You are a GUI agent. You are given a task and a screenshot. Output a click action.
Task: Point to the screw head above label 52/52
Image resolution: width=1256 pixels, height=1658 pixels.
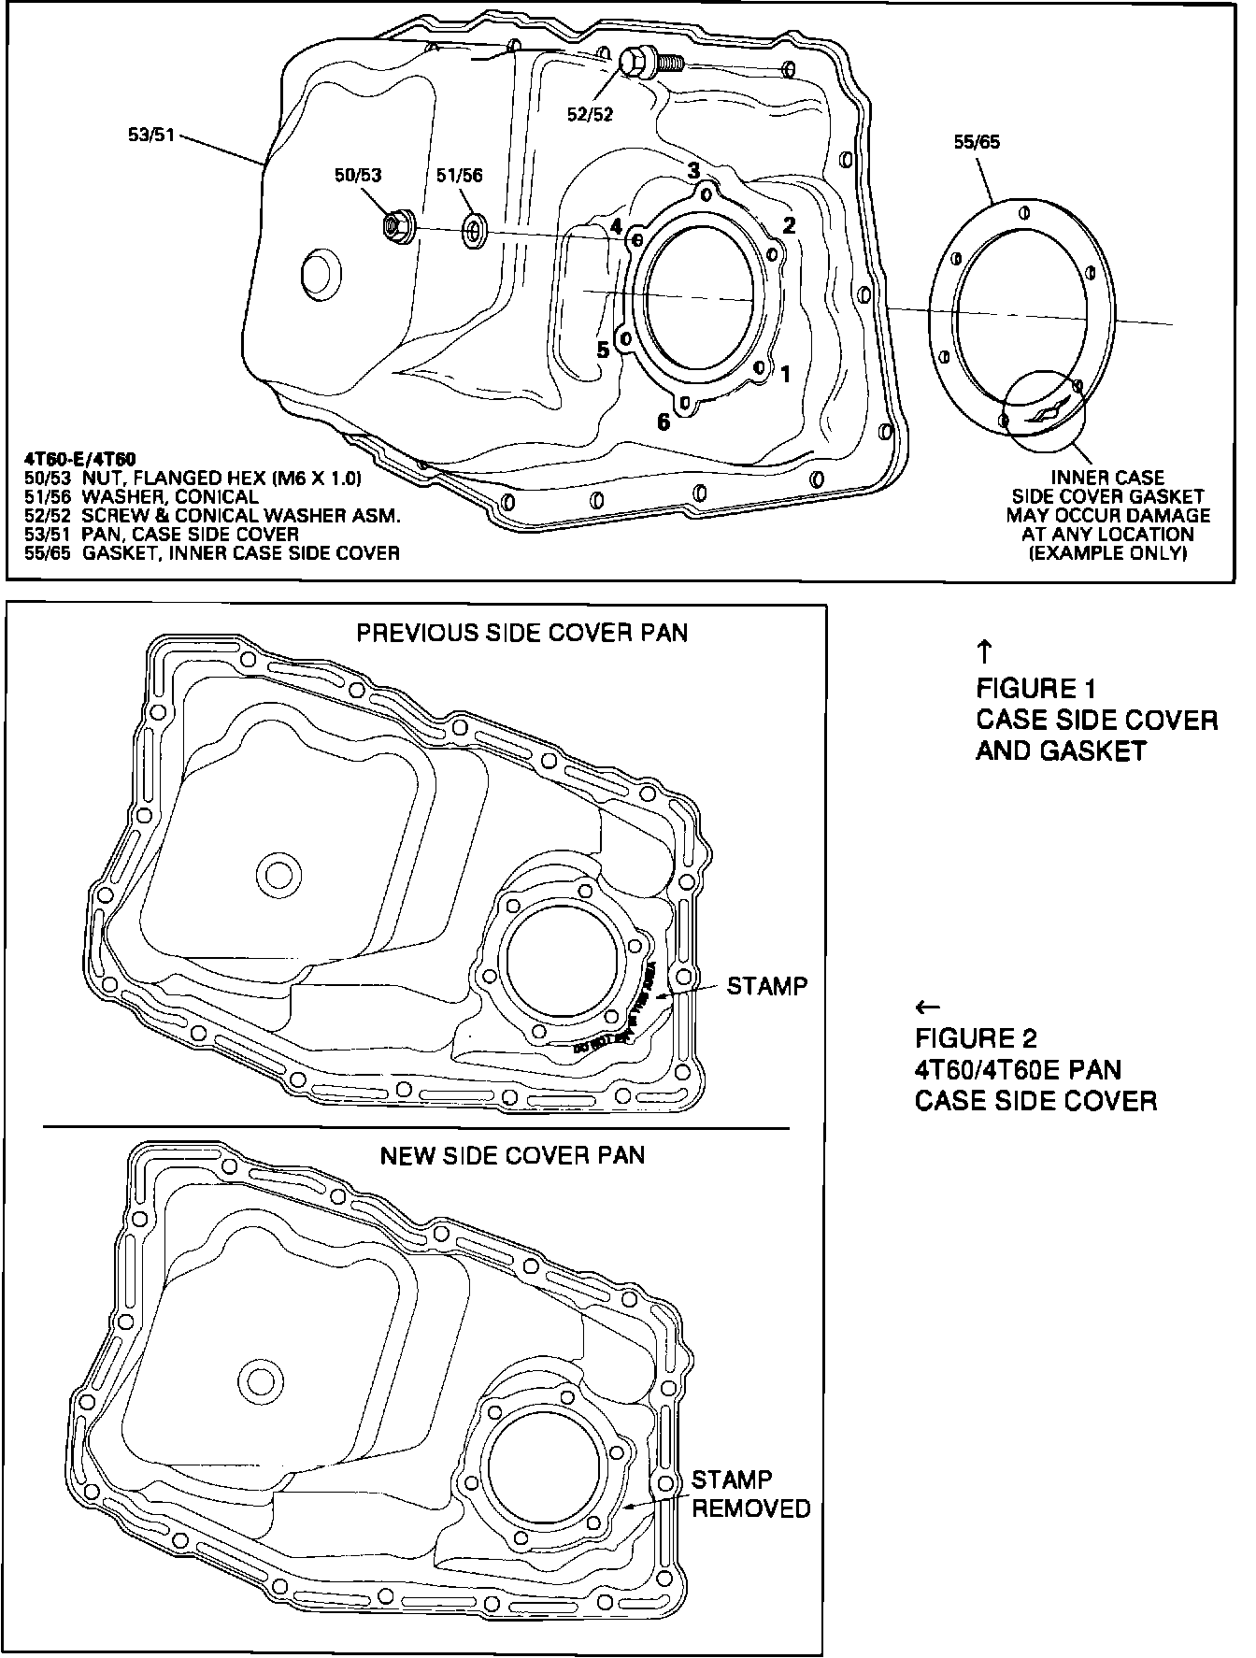[x=635, y=64]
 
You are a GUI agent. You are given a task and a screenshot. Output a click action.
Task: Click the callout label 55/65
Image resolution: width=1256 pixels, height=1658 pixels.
[x=976, y=142]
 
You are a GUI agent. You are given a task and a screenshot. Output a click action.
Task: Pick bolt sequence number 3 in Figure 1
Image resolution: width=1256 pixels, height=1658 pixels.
[x=693, y=171]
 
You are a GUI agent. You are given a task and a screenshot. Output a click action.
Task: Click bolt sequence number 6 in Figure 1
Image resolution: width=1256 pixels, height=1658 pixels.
[x=663, y=422]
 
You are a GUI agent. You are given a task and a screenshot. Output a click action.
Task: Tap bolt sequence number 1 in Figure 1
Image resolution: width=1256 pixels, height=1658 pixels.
[x=785, y=374]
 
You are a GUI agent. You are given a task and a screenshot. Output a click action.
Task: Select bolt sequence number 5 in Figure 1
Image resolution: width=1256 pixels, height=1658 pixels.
[x=603, y=350]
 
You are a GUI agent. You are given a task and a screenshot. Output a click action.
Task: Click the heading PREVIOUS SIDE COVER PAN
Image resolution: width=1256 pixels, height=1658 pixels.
[x=522, y=633]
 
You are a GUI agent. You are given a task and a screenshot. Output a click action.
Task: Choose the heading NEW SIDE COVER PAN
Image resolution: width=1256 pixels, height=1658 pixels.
[x=512, y=1155]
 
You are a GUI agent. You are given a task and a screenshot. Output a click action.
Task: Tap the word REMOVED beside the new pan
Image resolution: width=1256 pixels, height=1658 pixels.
[x=751, y=1508]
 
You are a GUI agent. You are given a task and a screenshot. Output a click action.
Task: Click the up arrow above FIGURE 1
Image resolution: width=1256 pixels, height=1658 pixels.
[x=983, y=650]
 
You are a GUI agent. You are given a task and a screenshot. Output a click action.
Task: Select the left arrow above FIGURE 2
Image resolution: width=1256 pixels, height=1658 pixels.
[x=927, y=1007]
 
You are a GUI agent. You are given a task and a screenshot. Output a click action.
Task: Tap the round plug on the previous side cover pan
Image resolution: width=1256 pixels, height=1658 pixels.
[x=278, y=874]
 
